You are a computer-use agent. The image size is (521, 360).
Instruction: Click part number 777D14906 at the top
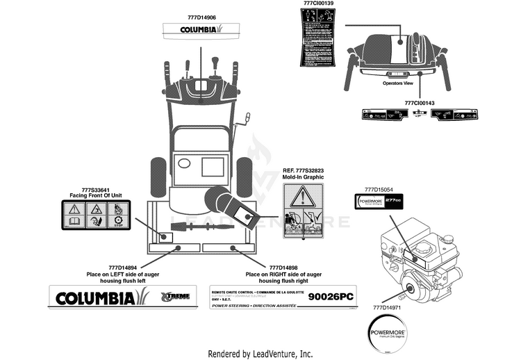click(x=201, y=17)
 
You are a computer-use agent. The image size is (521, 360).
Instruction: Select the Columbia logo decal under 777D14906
click(x=201, y=30)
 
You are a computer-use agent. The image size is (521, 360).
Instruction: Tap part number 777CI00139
click(x=319, y=4)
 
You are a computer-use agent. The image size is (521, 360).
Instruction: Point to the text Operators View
click(x=397, y=83)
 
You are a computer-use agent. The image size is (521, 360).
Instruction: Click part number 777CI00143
click(x=419, y=103)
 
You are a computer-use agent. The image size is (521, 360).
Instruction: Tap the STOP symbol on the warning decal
click(x=118, y=222)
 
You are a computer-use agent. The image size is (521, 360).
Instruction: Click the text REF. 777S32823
click(x=304, y=171)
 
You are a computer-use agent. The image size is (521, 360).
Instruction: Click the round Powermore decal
click(x=386, y=327)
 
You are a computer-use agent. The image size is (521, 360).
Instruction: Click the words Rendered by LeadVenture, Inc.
click(x=260, y=353)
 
